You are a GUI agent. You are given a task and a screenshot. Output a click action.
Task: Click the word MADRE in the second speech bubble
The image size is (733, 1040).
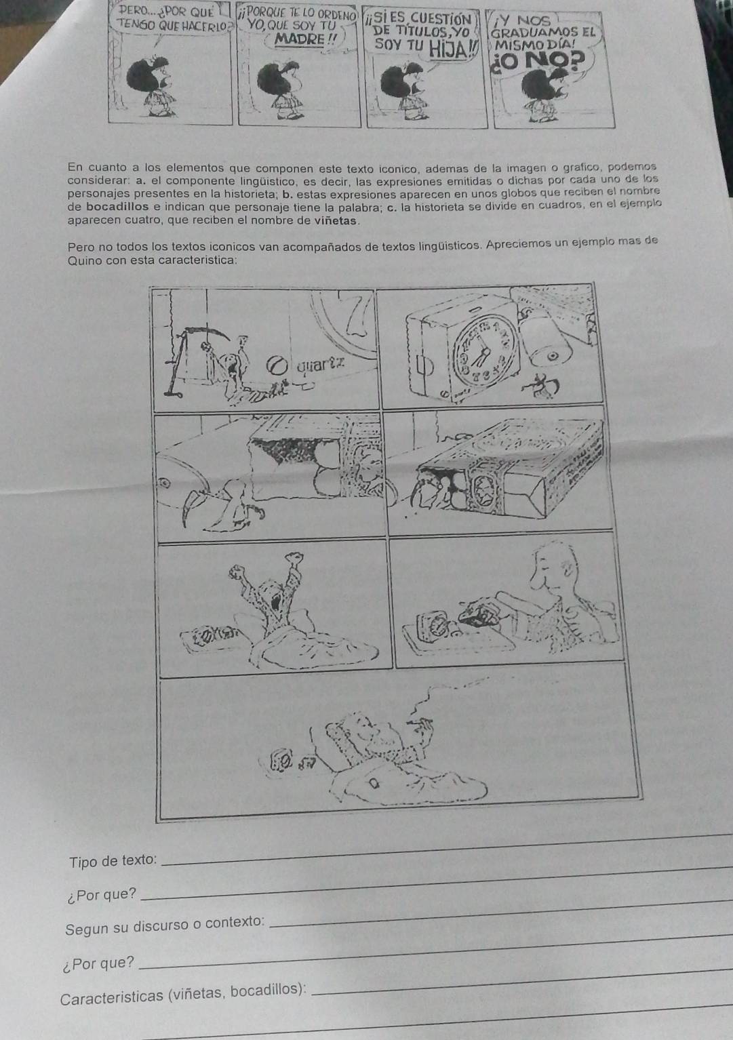click(300, 39)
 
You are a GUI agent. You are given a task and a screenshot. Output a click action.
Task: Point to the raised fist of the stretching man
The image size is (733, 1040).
click(294, 557)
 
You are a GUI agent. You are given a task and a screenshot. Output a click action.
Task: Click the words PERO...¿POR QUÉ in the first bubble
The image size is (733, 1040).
click(165, 11)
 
